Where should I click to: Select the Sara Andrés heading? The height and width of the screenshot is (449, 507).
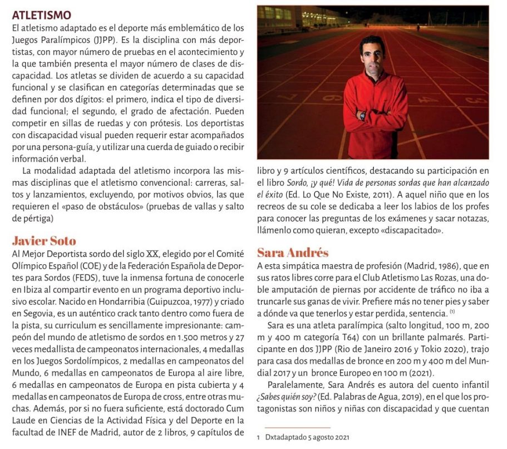tap(293, 253)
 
